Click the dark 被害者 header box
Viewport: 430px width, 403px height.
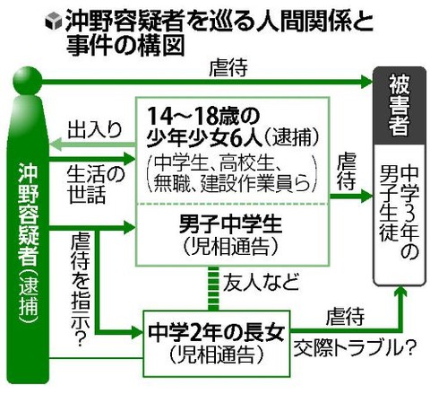click(x=400, y=105)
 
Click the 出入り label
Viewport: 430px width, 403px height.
click(x=95, y=129)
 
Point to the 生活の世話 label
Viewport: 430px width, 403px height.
click(x=95, y=185)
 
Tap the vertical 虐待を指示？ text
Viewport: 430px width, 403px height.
click(x=80, y=290)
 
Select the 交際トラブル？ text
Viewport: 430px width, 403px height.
click(x=355, y=348)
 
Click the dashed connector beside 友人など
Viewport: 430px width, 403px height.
click(x=213, y=288)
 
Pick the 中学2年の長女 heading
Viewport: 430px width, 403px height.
click(x=216, y=333)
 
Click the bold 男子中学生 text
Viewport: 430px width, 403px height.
click(x=230, y=224)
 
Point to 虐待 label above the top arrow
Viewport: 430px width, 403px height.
click(x=228, y=68)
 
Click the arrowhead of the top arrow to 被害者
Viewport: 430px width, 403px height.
click(x=366, y=82)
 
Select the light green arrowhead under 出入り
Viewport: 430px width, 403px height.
click(x=56, y=145)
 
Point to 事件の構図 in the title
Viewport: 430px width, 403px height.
click(x=125, y=46)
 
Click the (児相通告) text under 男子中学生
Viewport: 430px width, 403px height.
click(x=230, y=247)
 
